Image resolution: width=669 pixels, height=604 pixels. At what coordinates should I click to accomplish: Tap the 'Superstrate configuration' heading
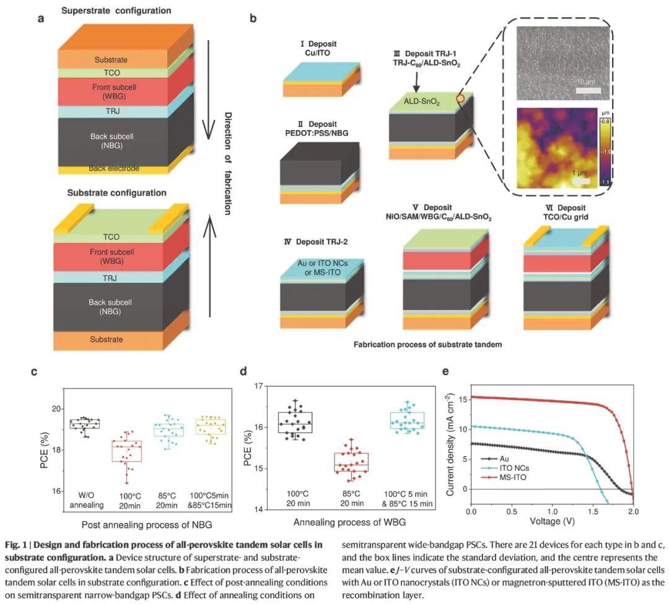(116, 11)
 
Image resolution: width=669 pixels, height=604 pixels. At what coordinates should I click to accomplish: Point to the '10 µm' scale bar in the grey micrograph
(588, 90)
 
